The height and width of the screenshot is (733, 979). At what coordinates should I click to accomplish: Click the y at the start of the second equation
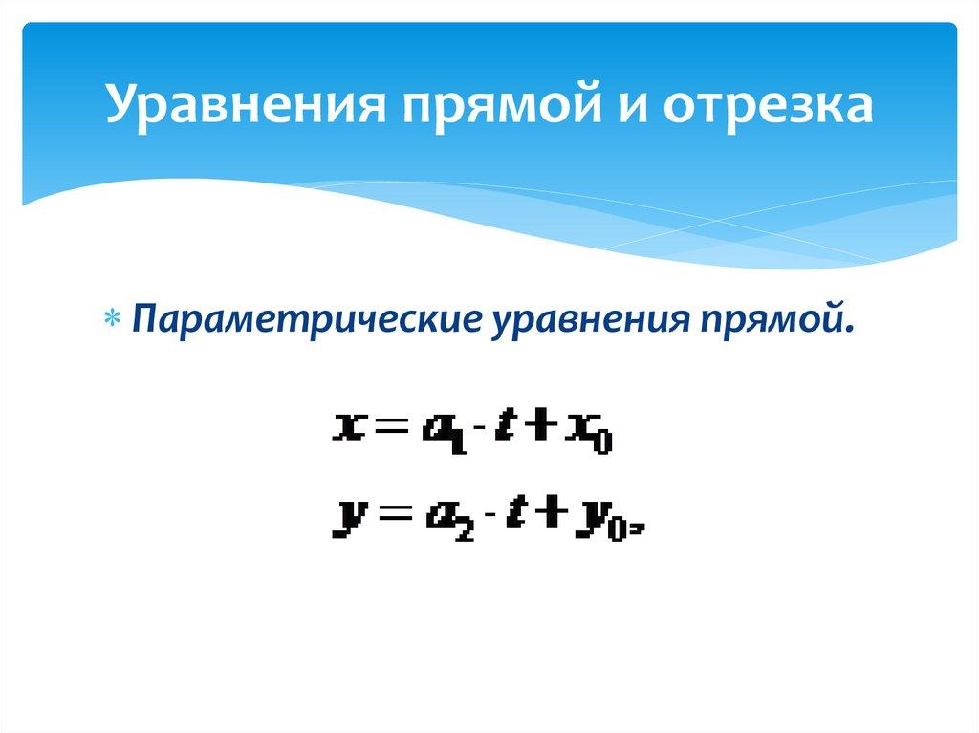[x=345, y=521]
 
